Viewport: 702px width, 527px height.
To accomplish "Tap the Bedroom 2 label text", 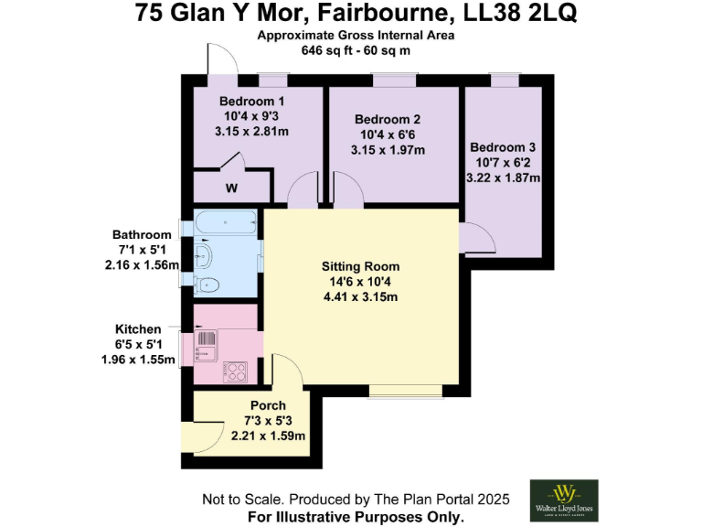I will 388,120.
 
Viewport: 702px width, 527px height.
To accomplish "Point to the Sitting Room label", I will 360,266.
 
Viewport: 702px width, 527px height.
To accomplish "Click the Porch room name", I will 268,405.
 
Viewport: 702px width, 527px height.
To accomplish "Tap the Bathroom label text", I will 142,235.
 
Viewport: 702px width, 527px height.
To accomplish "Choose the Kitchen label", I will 138,328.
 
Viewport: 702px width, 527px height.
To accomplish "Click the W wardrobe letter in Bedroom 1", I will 231,189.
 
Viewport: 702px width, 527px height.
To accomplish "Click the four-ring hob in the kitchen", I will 237,371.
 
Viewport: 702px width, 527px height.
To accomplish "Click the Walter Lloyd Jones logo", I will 564,500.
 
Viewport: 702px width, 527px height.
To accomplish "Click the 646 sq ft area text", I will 325,50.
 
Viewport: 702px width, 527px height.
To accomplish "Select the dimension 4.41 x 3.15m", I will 360,296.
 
